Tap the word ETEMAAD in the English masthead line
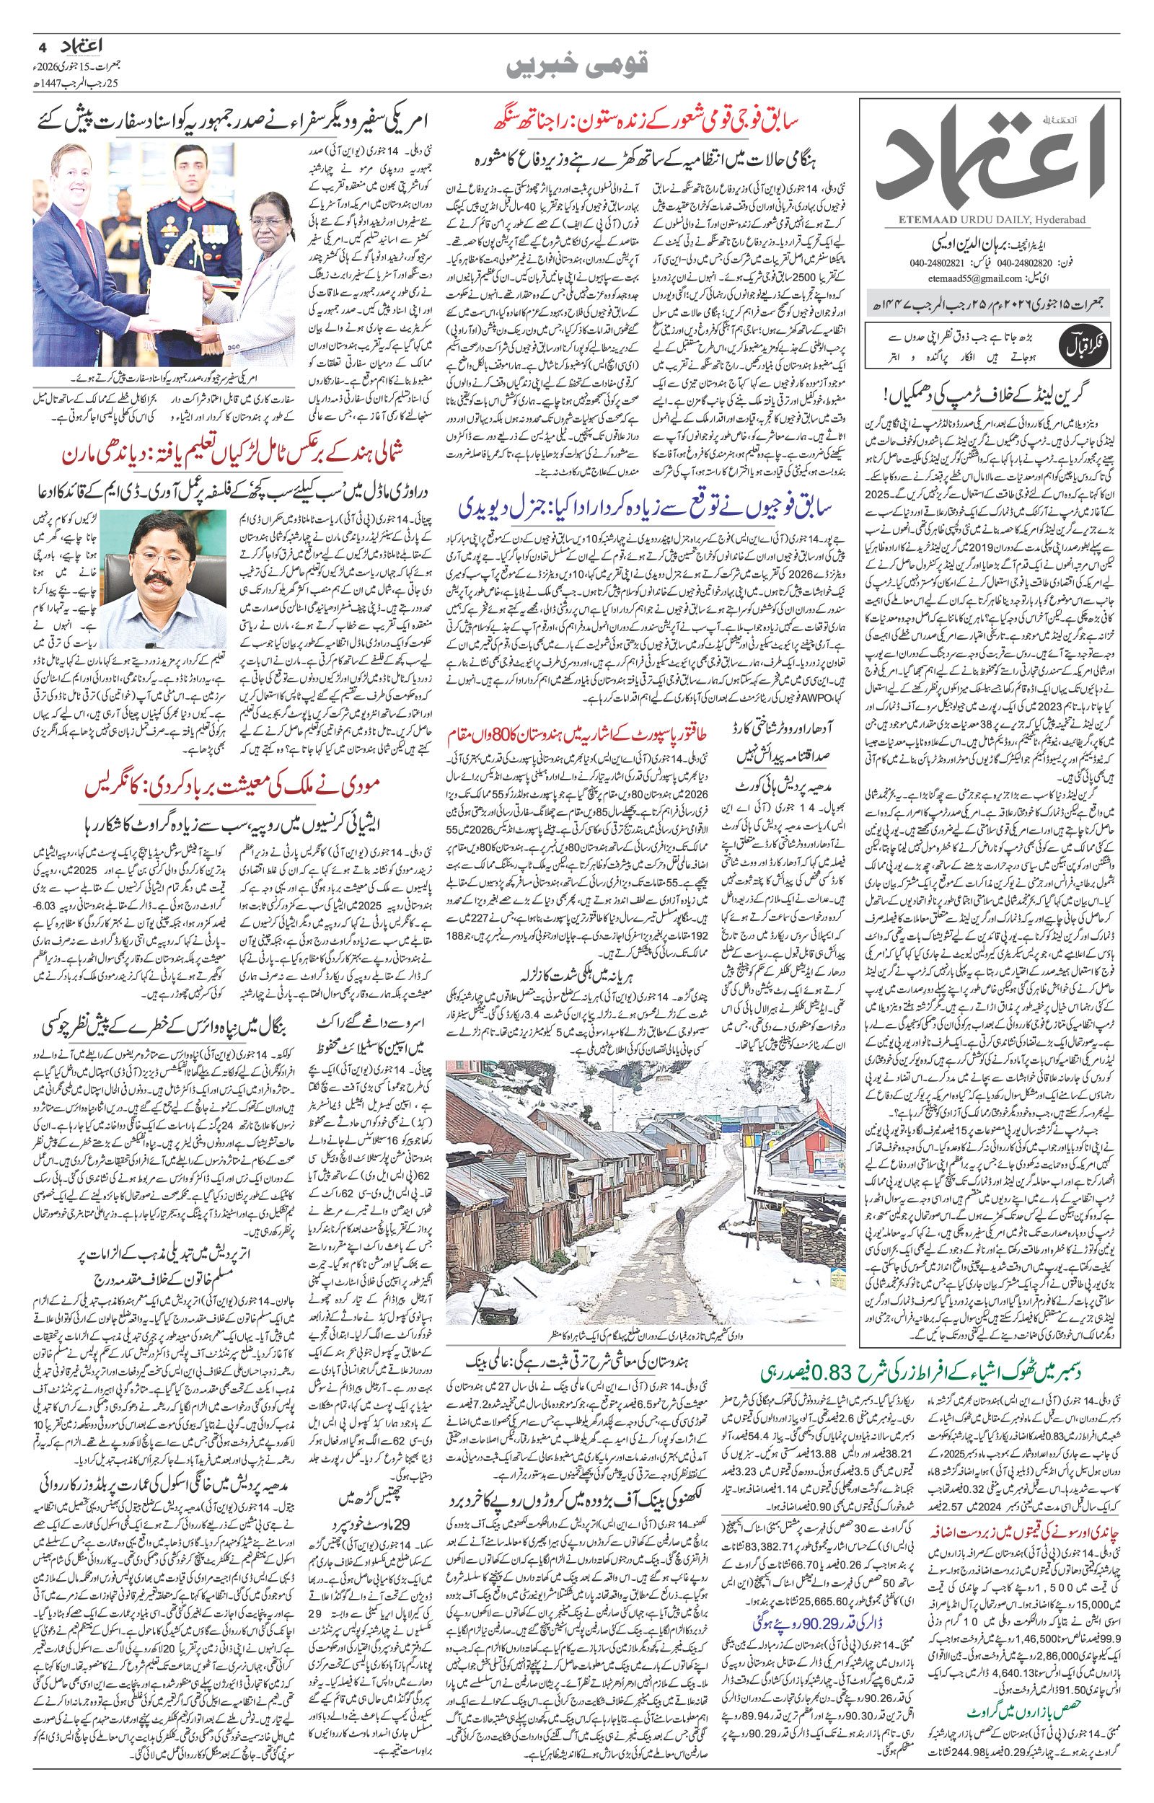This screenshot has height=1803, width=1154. click(x=916, y=219)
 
